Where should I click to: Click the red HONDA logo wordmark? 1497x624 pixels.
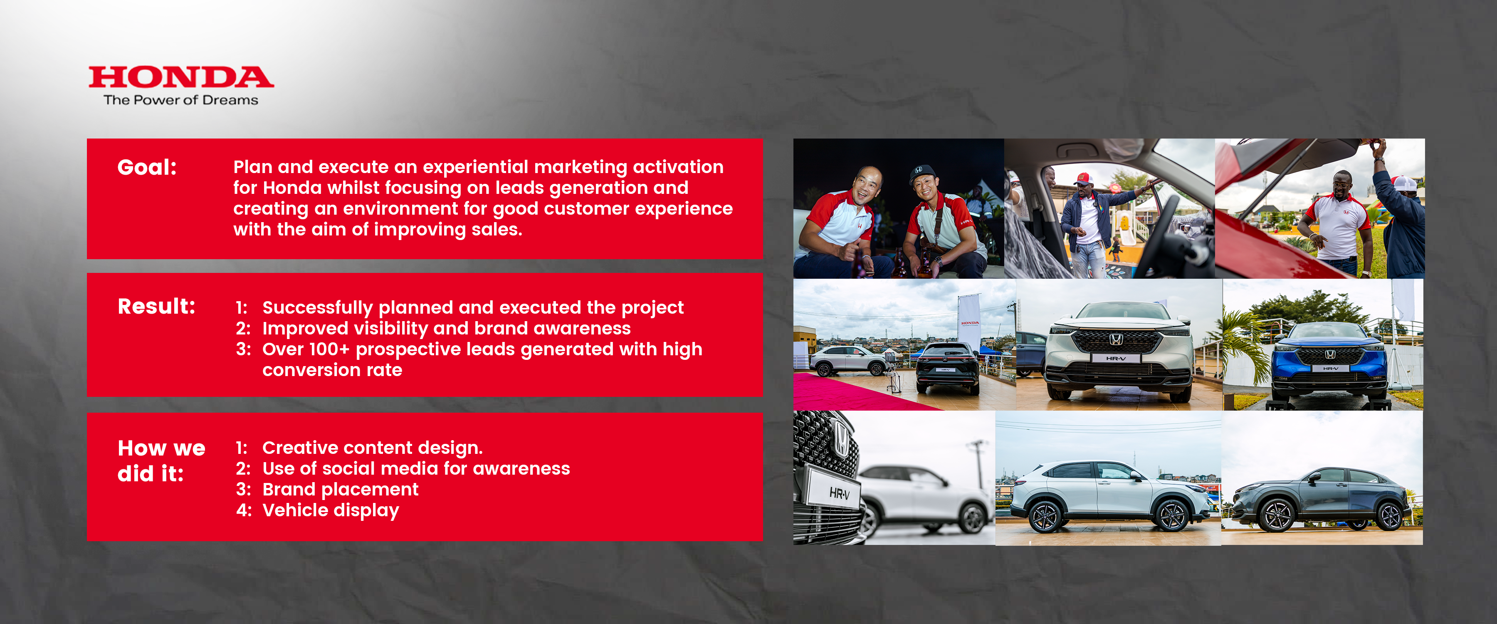click(x=181, y=77)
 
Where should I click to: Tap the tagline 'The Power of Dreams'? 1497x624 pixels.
click(x=181, y=100)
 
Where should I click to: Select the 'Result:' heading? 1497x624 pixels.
click(x=156, y=307)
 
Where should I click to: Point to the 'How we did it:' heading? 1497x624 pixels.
click(x=161, y=461)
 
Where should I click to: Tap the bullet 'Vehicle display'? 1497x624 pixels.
click(x=330, y=510)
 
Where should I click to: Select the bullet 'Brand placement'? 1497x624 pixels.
click(x=340, y=489)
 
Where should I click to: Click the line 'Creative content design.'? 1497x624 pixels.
click(x=372, y=448)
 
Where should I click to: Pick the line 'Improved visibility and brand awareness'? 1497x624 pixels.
click(x=446, y=329)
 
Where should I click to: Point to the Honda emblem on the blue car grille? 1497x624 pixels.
click(x=1330, y=354)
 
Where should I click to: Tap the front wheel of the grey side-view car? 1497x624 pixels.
click(x=1277, y=515)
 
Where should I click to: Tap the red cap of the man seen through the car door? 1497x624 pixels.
click(x=1083, y=177)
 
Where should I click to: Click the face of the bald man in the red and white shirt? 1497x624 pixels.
click(x=867, y=186)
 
